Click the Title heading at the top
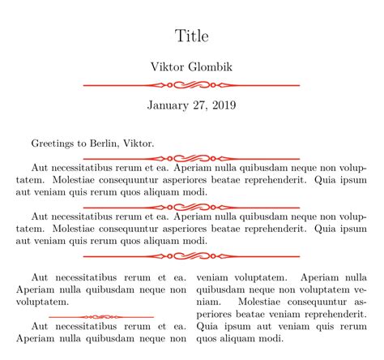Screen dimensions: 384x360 [x=192, y=36]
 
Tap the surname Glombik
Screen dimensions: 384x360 [x=211, y=66]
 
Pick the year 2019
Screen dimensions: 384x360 [x=225, y=105]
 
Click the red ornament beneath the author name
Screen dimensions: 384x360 [x=192, y=84]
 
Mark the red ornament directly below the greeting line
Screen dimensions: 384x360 [x=192, y=157]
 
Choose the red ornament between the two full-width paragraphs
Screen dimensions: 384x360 [x=192, y=207]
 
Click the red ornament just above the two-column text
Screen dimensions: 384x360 [x=192, y=255]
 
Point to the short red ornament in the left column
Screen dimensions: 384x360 [x=102, y=316]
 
